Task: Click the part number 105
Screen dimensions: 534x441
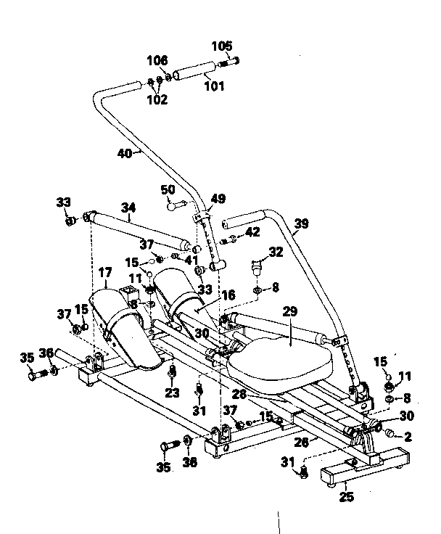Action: tap(222, 46)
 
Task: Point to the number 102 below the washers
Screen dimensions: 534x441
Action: tap(157, 99)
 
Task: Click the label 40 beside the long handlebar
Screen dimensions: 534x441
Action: tap(125, 153)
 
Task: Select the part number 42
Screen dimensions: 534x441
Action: tap(251, 232)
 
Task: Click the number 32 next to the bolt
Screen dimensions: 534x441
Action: tap(276, 252)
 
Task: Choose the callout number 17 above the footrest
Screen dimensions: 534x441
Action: tap(106, 274)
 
